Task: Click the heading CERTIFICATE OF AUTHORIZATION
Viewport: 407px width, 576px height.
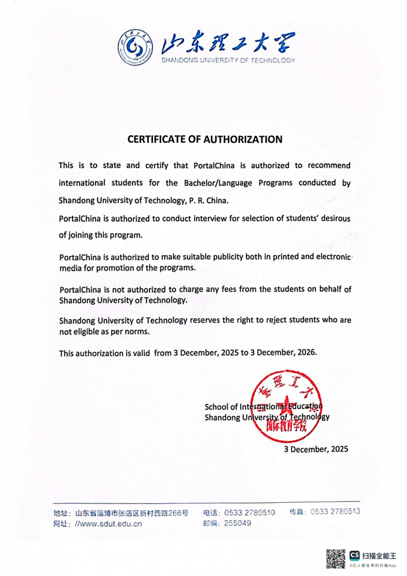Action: point(205,139)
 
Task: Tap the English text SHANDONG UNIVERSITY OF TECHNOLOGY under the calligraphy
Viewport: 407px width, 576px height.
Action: point(228,60)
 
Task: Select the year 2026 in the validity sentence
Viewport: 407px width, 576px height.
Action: point(306,353)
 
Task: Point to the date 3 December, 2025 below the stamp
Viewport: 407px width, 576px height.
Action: point(316,449)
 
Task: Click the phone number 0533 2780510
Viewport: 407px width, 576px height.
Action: point(250,512)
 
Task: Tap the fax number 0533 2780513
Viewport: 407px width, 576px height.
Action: point(335,511)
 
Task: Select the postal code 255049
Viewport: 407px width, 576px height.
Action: point(237,523)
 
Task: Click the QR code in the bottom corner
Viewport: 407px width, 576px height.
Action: point(336,557)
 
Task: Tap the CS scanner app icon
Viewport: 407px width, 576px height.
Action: point(355,554)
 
